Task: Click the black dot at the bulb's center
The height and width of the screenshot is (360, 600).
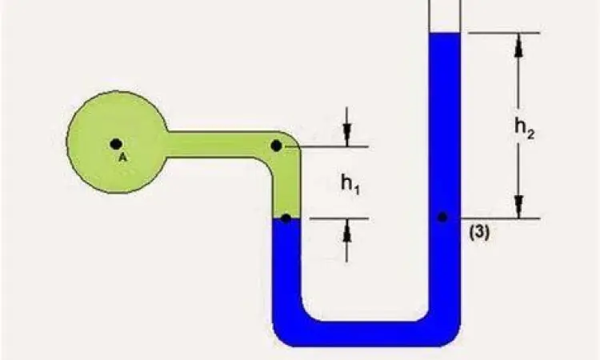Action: tap(116, 144)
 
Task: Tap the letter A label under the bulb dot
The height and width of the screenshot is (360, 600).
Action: tap(122, 158)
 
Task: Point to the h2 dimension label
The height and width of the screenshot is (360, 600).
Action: tap(524, 128)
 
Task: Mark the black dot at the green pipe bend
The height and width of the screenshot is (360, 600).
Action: tap(276, 146)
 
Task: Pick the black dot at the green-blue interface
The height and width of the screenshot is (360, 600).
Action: tap(286, 218)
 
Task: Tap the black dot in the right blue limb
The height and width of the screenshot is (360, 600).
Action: tap(442, 217)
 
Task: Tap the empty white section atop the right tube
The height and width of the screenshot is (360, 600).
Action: tap(445, 14)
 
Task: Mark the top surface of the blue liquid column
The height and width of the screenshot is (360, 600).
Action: tap(445, 34)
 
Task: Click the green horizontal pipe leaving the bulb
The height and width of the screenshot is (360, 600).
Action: tap(216, 144)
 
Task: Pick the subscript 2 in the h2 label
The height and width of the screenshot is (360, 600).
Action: tap(531, 134)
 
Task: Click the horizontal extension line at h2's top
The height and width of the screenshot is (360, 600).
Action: tap(504, 33)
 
